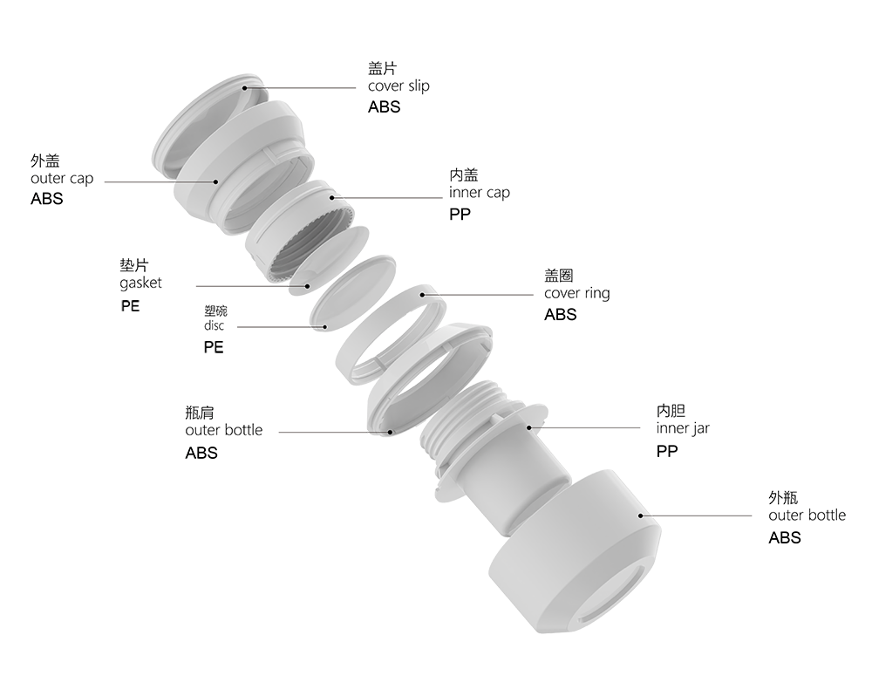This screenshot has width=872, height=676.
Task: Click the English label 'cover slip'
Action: pyautogui.click(x=399, y=86)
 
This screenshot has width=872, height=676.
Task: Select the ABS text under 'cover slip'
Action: pyautogui.click(x=384, y=106)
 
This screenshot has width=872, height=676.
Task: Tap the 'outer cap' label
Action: pyautogui.click(x=62, y=179)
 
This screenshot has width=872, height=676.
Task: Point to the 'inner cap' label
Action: pyautogui.click(x=480, y=193)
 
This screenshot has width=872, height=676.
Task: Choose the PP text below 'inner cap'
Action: pyautogui.click(x=460, y=215)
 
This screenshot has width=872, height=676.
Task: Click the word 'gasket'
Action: pyautogui.click(x=140, y=283)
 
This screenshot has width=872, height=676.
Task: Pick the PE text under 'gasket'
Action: pyautogui.click(x=130, y=306)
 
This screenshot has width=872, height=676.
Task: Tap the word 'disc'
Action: pyautogui.click(x=215, y=325)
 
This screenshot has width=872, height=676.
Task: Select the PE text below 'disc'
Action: pyautogui.click(x=214, y=347)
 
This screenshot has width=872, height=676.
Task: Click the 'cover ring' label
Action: pyautogui.click(x=576, y=293)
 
